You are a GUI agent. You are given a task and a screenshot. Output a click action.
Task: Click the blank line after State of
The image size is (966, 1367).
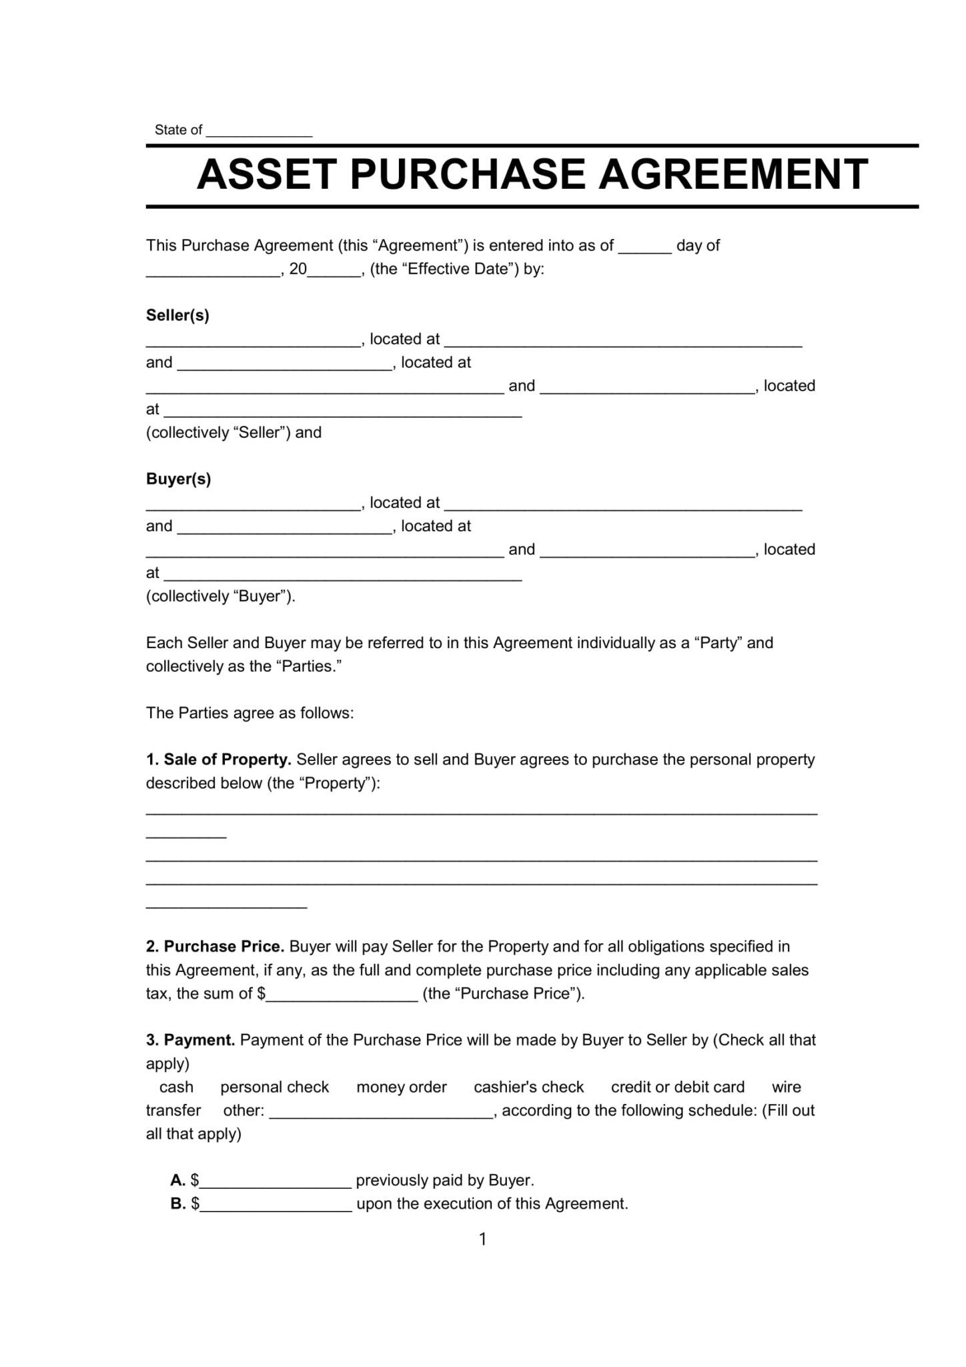pos(259,131)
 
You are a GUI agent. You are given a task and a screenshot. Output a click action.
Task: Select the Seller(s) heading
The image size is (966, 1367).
pos(177,316)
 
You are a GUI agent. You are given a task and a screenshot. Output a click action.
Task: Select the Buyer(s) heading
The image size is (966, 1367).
pos(178,479)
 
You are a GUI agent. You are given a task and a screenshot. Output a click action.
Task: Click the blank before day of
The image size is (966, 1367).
pos(644,247)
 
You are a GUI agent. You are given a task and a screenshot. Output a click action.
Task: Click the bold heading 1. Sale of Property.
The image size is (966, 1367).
pos(218,760)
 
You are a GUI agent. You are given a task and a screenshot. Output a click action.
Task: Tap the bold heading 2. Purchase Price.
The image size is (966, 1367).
pos(215,946)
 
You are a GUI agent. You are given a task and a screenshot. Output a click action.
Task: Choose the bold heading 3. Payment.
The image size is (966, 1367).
pos(190,1040)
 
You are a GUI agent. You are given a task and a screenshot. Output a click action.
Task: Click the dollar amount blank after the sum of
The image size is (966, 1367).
pos(342,995)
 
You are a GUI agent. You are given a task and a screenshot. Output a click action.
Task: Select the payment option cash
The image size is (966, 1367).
pos(176,1087)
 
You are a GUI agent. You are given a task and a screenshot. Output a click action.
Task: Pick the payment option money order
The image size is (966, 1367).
pos(401,1087)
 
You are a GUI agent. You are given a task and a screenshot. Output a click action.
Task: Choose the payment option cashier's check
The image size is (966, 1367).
pos(528,1087)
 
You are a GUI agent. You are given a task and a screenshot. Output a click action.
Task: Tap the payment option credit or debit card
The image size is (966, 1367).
pos(677,1087)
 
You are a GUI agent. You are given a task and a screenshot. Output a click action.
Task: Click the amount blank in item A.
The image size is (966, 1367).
pos(276,1181)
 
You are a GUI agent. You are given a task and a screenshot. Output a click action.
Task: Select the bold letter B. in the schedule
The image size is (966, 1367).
pos(177,1204)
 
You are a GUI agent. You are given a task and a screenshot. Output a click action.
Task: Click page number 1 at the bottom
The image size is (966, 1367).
pos(482,1240)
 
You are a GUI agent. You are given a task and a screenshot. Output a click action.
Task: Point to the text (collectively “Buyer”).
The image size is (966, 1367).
pos(220,597)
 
